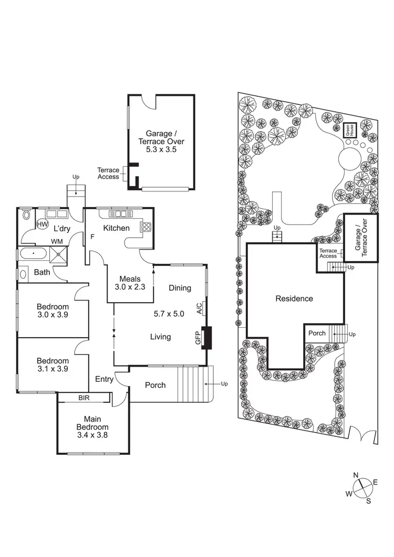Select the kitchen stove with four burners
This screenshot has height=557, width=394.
146,227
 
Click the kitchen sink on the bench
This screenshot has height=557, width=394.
121,213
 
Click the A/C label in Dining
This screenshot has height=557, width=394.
200,308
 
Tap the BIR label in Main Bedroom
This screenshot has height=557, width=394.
84,398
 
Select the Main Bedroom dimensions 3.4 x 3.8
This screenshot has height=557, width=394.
92,435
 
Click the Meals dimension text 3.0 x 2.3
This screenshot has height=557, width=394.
130,287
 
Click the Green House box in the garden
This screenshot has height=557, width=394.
350,129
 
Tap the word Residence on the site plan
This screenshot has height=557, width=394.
294,298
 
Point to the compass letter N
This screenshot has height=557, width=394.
356,475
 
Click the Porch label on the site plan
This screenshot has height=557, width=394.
317,333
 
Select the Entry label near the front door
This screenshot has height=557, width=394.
104,379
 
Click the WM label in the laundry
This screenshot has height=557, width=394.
56,241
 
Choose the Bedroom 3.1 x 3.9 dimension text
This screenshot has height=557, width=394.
53,368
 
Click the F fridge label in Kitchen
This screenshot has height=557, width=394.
92,237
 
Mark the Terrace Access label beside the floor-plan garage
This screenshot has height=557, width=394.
108,173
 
